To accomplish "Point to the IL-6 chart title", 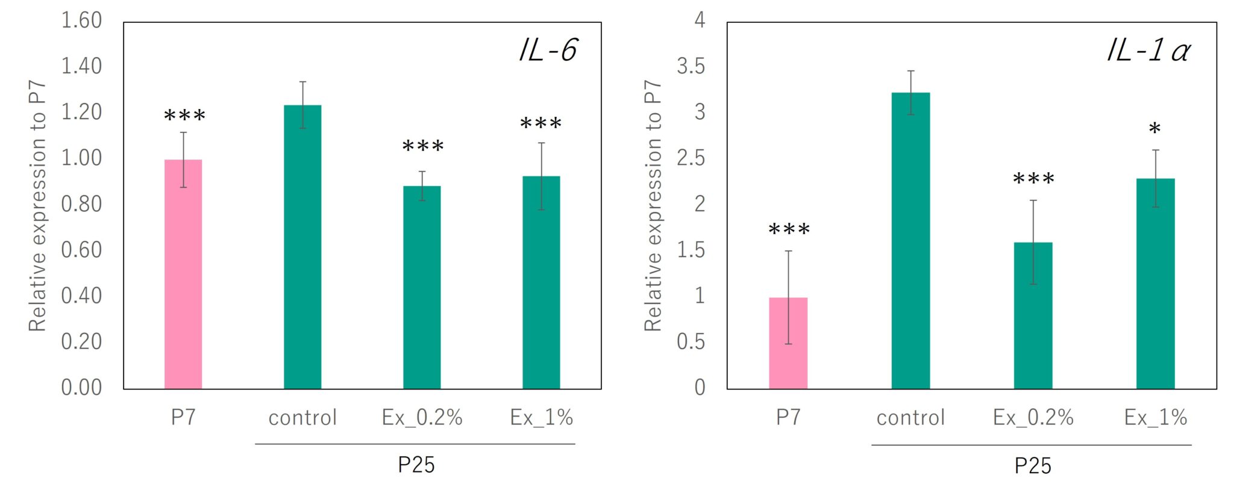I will point(548,50).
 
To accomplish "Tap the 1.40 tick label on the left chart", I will point(81,66).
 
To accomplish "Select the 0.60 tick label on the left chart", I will point(81,250).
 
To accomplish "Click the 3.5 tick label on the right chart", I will point(691,66).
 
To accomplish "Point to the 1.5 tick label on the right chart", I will point(691,250).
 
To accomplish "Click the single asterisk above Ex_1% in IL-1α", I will point(1154,129).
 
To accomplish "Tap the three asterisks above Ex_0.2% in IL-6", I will point(423,146).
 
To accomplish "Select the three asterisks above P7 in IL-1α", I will point(789,229).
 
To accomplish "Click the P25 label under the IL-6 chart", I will point(416,465).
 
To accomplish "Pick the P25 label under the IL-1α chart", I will point(1032,465).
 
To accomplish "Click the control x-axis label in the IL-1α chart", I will point(910,417).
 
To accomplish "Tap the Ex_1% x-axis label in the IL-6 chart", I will point(541,417).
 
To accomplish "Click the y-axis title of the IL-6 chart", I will point(37,206).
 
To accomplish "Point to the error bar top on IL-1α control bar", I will point(911,71).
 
